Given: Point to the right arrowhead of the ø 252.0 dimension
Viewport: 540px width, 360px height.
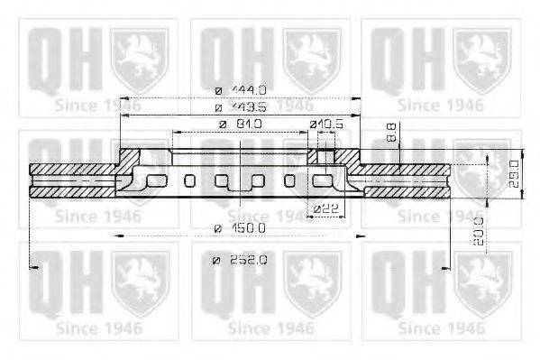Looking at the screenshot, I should [x=448, y=267].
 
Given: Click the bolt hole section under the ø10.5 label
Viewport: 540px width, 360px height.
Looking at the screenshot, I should [x=323, y=158].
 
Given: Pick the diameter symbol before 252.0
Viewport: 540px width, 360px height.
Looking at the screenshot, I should [x=216, y=261].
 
